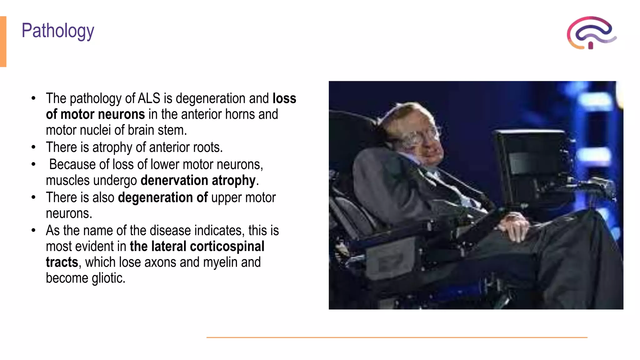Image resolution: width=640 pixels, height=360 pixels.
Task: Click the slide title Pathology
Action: tap(58, 31)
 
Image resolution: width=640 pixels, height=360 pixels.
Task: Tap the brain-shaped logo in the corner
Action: tap(591, 33)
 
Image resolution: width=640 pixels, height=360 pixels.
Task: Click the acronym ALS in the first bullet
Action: tap(149, 98)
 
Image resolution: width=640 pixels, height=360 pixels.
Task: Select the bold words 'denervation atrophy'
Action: tap(198, 181)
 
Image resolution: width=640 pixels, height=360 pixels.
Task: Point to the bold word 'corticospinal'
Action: tap(227, 247)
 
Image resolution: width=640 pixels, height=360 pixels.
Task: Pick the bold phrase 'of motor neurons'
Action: tap(95, 114)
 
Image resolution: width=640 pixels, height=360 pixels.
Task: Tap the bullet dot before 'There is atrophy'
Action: tap(34, 147)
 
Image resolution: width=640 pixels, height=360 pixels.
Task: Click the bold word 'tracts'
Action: tap(62, 262)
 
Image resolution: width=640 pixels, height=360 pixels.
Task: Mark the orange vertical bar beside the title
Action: tap(3, 41)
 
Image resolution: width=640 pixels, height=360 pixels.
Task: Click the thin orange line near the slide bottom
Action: tap(397, 337)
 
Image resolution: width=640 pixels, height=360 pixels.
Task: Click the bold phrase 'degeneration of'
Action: tap(163, 198)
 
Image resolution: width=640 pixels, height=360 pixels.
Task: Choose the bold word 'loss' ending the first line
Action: tap(284, 98)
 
